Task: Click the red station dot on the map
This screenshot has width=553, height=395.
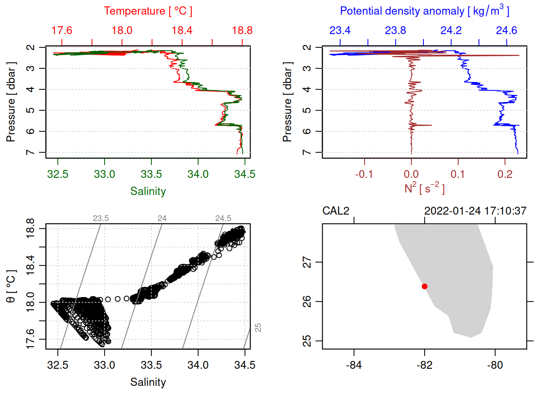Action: pos(424,286)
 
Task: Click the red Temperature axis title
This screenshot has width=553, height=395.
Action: pos(148,11)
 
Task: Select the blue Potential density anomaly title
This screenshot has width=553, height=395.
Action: pos(424,11)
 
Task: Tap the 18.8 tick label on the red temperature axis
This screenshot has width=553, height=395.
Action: pos(242,30)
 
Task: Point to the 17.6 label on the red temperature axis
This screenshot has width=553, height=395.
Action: pos(62,30)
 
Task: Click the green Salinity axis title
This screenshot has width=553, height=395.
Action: pos(148,191)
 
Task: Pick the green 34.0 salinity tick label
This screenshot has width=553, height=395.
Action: pos(198,174)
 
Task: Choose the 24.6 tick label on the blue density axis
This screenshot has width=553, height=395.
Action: pos(506,30)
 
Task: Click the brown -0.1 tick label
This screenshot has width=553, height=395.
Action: pos(364,174)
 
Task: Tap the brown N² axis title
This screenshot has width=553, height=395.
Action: pos(424,188)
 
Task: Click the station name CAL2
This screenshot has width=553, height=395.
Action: pos(336,211)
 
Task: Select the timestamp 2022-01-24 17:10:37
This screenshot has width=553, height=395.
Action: pos(475,211)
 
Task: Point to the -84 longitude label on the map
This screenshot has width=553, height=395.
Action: pos(354,365)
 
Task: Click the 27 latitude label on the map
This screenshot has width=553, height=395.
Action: pos(307,262)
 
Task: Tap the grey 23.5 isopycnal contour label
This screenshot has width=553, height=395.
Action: pos(101,218)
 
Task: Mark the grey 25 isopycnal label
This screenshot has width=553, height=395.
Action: pos(258,328)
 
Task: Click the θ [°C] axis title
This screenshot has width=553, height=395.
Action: pos(11,286)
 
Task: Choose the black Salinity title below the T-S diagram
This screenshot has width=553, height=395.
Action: pos(148,382)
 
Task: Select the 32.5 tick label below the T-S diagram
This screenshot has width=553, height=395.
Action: pos(58,365)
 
